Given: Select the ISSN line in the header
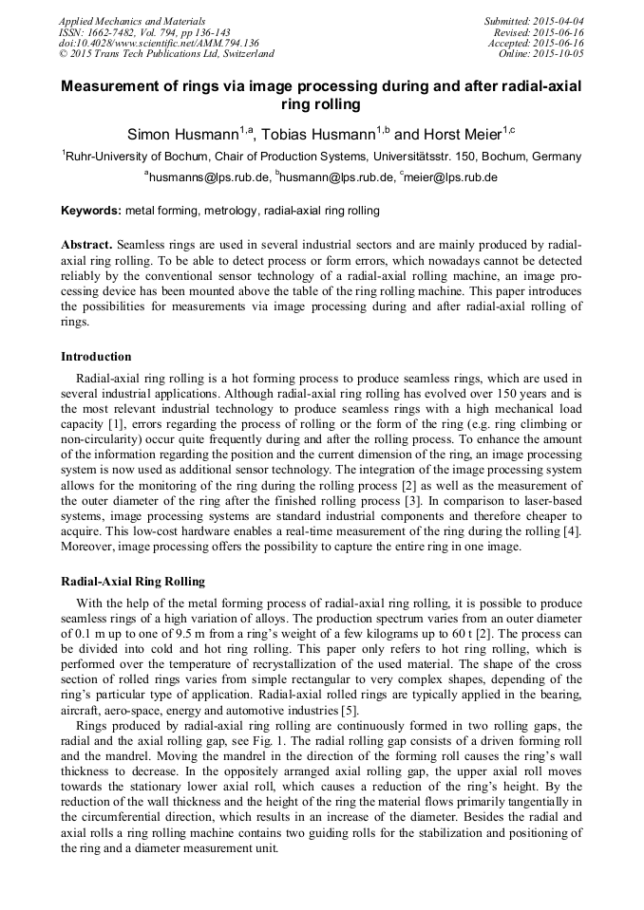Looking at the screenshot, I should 138,32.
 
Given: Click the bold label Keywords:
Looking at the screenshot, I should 91,211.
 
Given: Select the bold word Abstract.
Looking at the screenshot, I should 86,245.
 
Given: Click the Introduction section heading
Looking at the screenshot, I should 96,357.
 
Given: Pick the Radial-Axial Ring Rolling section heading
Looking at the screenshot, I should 132,581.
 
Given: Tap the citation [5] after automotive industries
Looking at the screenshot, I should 349,711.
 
